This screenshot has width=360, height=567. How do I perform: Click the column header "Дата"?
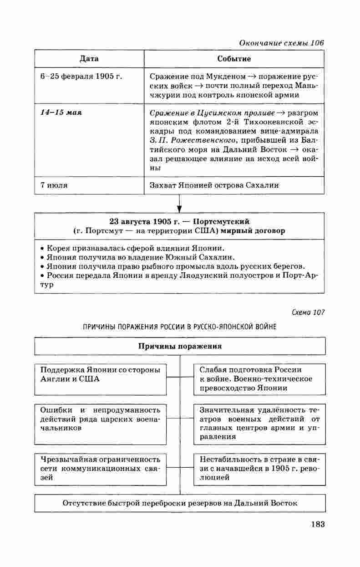click(89, 59)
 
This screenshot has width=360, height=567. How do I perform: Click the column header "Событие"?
click(234, 59)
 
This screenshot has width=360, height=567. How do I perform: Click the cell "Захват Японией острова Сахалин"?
click(214, 185)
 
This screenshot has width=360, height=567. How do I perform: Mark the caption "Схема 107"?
click(308, 312)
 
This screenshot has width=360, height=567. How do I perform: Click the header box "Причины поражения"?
click(180, 346)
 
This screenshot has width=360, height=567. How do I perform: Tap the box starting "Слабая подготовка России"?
click(259, 378)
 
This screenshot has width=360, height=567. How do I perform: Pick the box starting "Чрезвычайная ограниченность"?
click(100, 468)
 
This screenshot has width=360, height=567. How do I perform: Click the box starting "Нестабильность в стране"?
click(259, 468)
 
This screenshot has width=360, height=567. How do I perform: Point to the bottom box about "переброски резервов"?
click(180, 504)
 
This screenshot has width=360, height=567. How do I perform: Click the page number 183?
click(317, 524)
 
